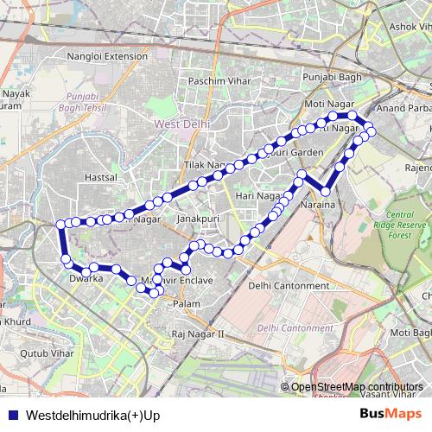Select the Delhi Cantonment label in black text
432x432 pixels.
tap(289, 286)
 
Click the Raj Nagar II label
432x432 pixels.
tap(198, 334)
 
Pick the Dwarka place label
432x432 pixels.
tap(86, 279)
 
